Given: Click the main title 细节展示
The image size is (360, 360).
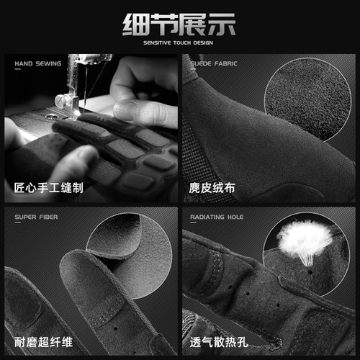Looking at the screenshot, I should point(179,24).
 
